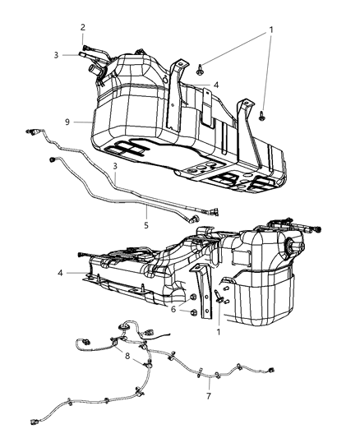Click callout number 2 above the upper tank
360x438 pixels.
point(83,27)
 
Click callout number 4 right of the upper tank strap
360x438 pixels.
point(216,85)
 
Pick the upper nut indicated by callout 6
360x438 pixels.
point(194,297)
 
